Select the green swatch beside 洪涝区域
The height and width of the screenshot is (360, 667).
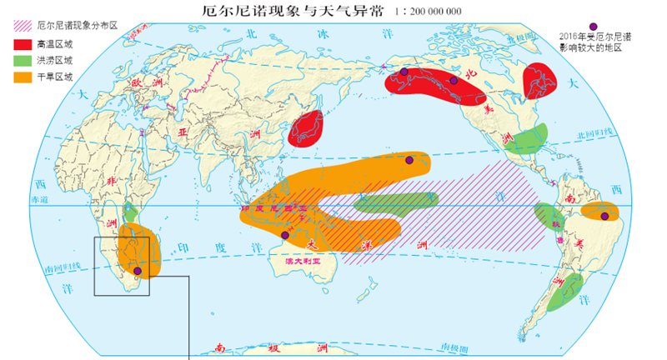click(24, 60)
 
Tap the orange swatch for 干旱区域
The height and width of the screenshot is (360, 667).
click(24, 77)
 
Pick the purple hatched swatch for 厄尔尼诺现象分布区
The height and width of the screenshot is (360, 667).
click(24, 26)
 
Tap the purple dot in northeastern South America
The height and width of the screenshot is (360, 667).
click(604, 217)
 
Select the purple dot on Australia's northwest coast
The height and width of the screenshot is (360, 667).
click(285, 236)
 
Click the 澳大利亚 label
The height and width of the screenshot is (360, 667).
click(304, 261)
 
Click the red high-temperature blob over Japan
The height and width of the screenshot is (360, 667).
click(307, 128)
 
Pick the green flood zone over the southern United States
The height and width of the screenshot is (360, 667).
click(528, 138)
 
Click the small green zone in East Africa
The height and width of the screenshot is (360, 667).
click(129, 212)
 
